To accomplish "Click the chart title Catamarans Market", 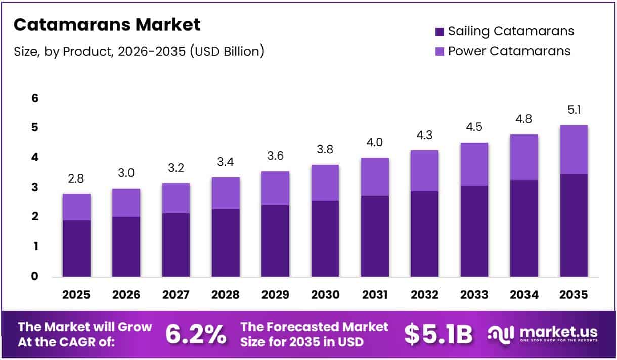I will click(107, 25).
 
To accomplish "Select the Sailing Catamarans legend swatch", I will click(439, 32).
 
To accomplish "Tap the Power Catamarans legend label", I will click(509, 51).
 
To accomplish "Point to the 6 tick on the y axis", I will click(35, 98).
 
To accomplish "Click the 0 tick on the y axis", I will click(35, 276).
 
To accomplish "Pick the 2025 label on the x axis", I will click(76, 295).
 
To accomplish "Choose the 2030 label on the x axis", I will click(325, 295).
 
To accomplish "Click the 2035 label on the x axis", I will click(574, 295).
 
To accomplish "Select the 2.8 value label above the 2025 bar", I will click(76, 179).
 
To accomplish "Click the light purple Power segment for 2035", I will click(574, 150).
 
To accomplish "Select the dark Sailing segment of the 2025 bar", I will click(76, 248).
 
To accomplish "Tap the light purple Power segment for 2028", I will click(226, 193).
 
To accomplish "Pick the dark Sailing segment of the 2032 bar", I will click(424, 234).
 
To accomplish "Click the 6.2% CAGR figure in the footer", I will click(196, 334).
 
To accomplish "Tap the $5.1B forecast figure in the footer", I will click(438, 334).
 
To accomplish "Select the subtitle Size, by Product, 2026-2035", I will click(139, 51).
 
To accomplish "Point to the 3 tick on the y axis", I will click(35, 187).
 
